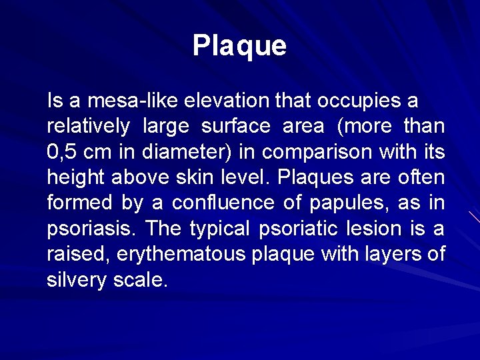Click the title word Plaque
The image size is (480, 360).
(239, 46)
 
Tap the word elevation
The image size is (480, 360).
(227, 101)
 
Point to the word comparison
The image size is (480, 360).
(317, 153)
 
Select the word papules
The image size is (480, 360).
(352, 203)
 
